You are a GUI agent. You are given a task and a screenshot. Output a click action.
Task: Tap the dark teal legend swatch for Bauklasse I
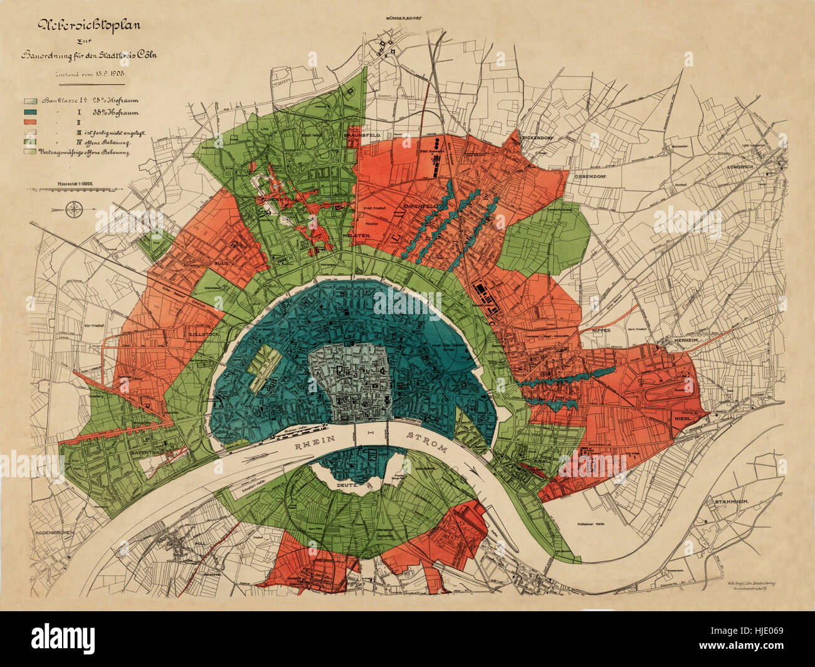[x=31, y=113]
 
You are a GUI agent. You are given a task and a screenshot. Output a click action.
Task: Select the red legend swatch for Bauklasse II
[x=31, y=123]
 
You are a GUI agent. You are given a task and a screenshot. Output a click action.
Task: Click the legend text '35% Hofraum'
[x=116, y=113]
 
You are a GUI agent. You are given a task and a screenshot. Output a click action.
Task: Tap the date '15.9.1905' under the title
[x=116, y=74]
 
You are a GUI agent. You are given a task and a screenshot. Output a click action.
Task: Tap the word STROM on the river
[x=427, y=443]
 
